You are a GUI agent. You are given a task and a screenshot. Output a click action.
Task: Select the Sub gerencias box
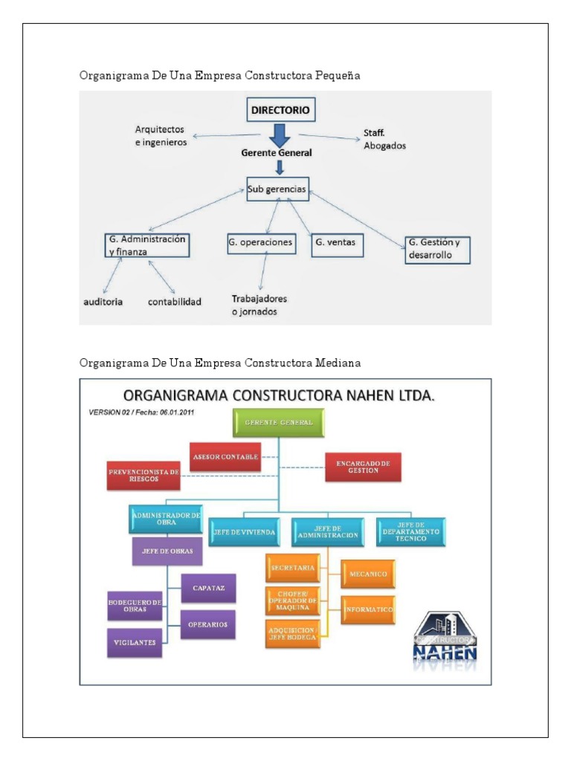276,190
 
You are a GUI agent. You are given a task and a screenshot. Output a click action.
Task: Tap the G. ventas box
338,243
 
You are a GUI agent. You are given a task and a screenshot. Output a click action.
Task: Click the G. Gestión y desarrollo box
438,249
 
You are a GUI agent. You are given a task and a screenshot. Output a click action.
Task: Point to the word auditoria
103,302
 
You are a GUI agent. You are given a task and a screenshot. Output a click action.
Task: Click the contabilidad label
175,302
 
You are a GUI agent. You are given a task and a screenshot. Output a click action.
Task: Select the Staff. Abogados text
384,140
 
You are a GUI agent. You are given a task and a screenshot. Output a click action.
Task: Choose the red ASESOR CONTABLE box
225,456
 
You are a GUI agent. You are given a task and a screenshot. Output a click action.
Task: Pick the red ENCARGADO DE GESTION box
363,467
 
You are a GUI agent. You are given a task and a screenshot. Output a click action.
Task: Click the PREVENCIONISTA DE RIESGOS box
143,476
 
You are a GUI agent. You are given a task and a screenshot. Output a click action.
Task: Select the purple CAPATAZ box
208,588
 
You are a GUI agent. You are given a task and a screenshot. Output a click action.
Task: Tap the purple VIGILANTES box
134,643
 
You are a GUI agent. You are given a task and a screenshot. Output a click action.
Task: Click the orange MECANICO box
368,573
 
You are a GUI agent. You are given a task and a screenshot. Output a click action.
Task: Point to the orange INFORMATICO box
368,609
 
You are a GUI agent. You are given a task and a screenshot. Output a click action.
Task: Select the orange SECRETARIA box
293,568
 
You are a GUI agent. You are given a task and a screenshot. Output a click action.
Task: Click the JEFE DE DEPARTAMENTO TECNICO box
410,532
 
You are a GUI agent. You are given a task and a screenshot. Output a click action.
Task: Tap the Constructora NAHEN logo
445,638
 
